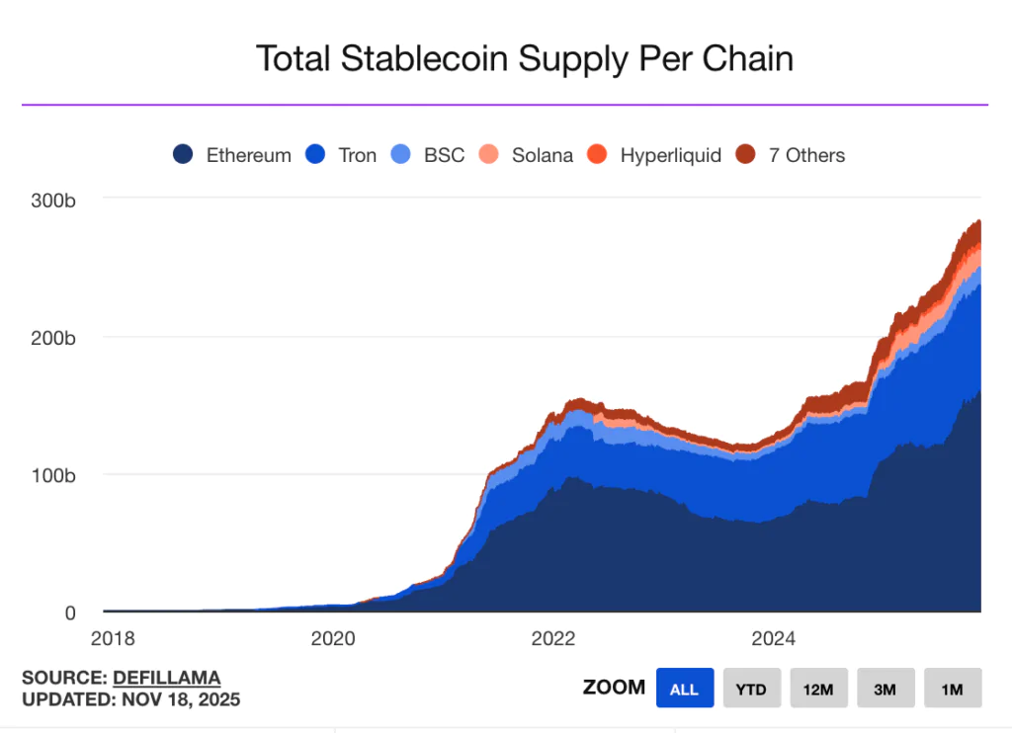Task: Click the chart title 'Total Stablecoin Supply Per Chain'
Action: (x=524, y=59)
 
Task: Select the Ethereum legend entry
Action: (x=233, y=155)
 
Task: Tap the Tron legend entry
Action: (x=342, y=155)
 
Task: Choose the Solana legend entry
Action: (x=527, y=155)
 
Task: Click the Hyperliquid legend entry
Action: (x=655, y=155)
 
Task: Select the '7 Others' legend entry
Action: (x=792, y=155)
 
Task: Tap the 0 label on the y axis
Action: (x=69, y=612)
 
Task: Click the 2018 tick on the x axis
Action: (x=112, y=638)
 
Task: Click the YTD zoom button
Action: (x=751, y=689)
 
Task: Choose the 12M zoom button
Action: (x=818, y=689)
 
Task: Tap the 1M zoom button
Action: (x=952, y=689)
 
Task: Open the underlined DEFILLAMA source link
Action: (x=166, y=678)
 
